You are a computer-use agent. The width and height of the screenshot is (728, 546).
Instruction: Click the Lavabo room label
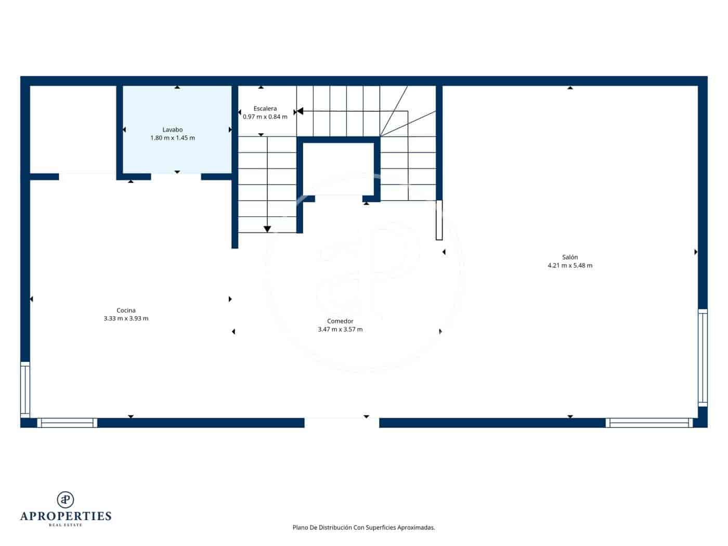(x=172, y=129)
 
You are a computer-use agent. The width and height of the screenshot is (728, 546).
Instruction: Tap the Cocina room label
(x=126, y=310)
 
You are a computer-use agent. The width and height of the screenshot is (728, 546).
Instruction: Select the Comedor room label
(x=340, y=321)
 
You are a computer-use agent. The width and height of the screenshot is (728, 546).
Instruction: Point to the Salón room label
(x=570, y=257)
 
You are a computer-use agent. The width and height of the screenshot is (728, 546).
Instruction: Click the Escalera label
(x=265, y=109)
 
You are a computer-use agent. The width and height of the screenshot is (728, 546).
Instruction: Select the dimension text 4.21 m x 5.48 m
(x=570, y=265)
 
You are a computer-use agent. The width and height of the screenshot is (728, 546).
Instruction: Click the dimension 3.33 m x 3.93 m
(x=126, y=318)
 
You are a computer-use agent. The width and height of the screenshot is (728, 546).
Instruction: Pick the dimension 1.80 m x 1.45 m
(x=172, y=138)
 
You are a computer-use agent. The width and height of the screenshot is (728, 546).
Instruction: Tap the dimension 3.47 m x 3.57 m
(x=340, y=329)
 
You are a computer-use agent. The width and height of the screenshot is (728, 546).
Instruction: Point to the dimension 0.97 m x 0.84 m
(x=265, y=116)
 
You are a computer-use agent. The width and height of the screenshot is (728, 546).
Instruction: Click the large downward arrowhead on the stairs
(x=267, y=229)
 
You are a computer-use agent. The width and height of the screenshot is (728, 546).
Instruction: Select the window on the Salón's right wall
(x=703, y=357)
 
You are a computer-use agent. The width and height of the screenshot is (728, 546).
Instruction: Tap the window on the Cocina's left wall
(x=25, y=389)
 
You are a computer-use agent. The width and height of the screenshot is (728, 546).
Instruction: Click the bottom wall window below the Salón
(x=649, y=423)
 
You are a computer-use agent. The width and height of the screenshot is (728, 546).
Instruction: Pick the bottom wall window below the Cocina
(x=67, y=423)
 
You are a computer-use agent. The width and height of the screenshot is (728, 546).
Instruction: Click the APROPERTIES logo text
(x=66, y=516)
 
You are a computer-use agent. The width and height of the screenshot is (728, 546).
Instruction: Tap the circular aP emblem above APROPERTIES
(x=66, y=499)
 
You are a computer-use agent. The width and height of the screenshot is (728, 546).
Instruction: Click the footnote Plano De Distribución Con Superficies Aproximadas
(x=363, y=527)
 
